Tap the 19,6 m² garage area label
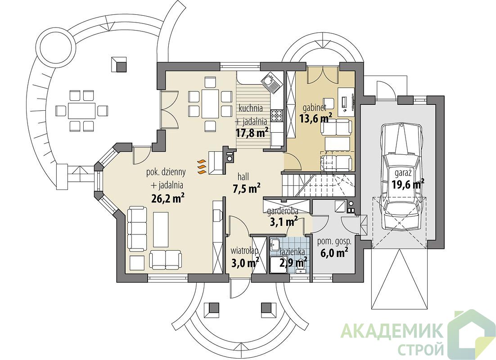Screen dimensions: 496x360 (408, 184)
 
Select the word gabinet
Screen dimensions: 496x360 (315, 108)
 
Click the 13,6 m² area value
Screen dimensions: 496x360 (316, 118)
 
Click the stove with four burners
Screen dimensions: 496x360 (276, 116)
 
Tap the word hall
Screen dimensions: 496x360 (243, 176)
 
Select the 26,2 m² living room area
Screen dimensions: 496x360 (168, 198)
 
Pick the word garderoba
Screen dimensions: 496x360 (283, 211)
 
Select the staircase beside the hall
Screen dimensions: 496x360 (318, 185)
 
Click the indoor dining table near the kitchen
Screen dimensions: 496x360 (210, 103)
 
